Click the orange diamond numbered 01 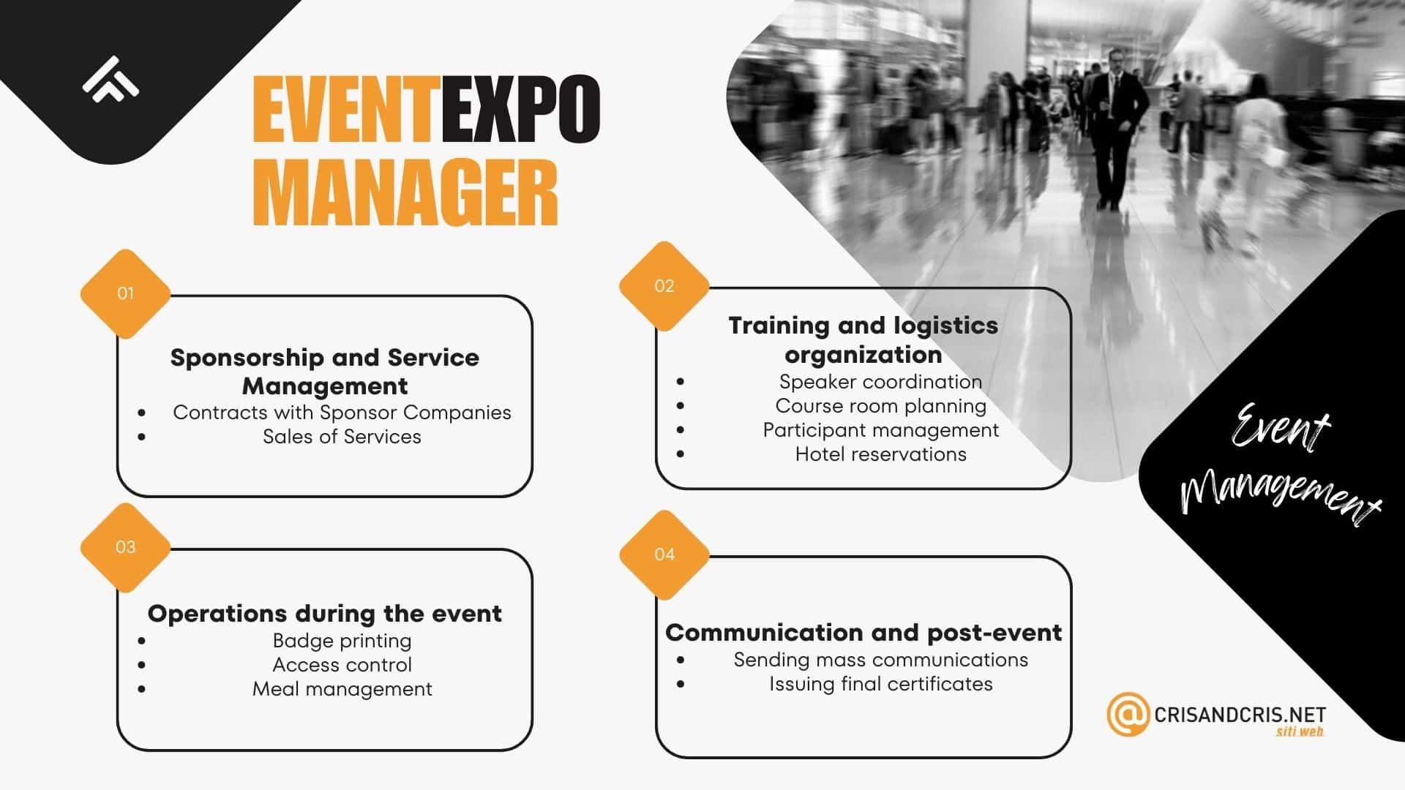coord(125,294)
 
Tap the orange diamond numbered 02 coord(664,286)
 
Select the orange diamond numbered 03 coord(125,547)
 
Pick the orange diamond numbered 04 coord(664,554)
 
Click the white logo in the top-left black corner coord(110,79)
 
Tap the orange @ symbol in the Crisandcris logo coord(1127,714)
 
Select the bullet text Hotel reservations coord(880,454)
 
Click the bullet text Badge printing coord(342,641)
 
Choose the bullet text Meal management coord(342,689)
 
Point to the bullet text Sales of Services coord(342,437)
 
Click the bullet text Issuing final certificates coord(880,684)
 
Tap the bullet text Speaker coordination coord(880,382)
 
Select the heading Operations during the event coord(325,613)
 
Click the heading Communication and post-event coord(863,632)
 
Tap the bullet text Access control coord(342,665)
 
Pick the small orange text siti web coord(1300,731)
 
